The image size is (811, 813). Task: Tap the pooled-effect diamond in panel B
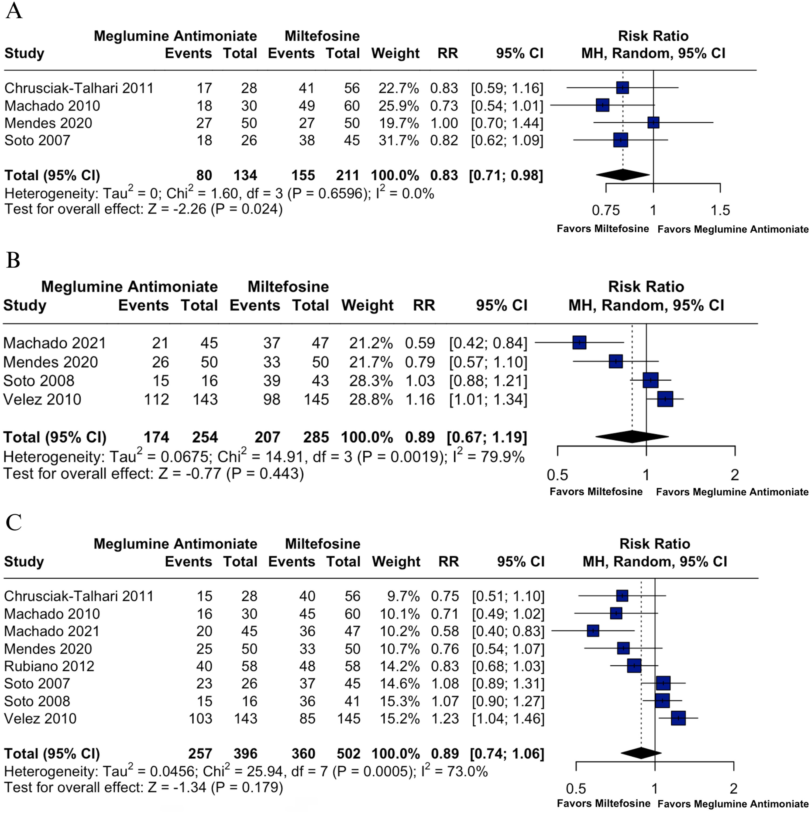(x=632, y=437)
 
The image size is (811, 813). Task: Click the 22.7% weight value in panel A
(x=398, y=88)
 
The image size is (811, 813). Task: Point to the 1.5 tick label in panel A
(x=720, y=210)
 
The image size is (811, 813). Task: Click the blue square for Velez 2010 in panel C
(x=678, y=718)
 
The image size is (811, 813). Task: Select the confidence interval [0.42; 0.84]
(x=488, y=343)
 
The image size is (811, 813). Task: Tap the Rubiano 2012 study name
(x=49, y=666)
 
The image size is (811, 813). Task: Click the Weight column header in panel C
(x=396, y=561)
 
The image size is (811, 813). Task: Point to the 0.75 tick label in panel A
(x=606, y=210)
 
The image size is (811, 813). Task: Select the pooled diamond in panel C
(x=641, y=753)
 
